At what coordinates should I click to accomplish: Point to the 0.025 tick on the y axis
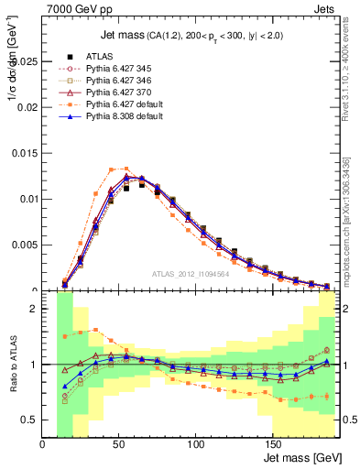[x=26, y=61]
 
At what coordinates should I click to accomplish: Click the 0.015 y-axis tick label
[x=26, y=153]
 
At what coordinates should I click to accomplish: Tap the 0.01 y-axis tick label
[x=28, y=199]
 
